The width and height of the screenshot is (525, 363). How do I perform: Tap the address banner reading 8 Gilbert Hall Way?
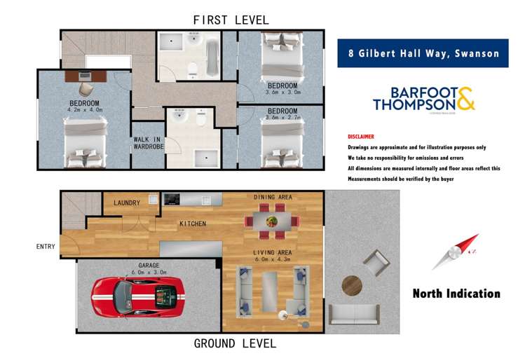coord(423,53)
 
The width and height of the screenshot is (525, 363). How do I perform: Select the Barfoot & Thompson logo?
coord(423,99)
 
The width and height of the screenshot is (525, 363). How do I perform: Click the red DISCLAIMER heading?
coord(361,137)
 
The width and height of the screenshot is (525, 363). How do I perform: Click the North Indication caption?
coord(456,293)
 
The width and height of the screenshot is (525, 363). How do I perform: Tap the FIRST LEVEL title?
coord(231,20)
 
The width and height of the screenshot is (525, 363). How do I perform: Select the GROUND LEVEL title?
coord(234,343)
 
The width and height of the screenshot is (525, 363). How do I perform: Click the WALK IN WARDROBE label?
coord(147,144)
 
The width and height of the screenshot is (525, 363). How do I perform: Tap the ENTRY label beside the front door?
coord(46,247)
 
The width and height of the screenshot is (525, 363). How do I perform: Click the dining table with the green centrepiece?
coord(271,221)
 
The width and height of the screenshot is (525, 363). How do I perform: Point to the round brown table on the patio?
coord(351,285)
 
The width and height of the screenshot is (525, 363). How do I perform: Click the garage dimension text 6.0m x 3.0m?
coord(148,273)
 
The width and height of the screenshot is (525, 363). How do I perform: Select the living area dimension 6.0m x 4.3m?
coord(273,259)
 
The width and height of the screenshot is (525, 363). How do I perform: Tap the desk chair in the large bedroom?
coord(86,89)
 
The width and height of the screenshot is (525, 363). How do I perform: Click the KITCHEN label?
coord(192,224)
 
